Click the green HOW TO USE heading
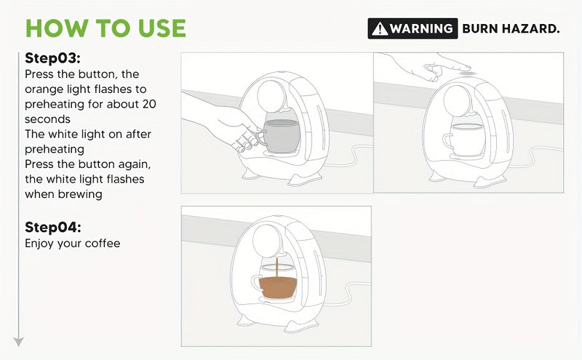click(105, 28)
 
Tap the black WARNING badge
click(412, 28)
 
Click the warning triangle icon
click(380, 28)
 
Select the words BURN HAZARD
click(511, 28)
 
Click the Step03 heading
click(52, 58)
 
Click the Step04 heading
click(52, 227)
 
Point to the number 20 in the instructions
click(149, 104)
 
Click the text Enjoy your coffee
click(72, 244)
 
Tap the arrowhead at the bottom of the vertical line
click(19, 342)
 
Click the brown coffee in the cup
click(278, 288)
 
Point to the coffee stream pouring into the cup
click(276, 267)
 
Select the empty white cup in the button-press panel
click(464, 140)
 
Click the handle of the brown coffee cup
click(256, 284)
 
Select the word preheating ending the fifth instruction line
click(55, 150)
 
